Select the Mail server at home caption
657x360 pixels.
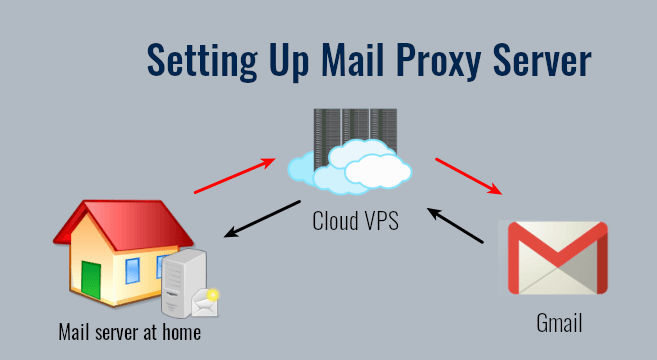click(130, 331)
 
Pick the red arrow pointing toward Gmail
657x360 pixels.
click(467, 174)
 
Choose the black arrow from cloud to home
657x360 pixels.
click(262, 219)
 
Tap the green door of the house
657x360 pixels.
click(92, 280)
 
